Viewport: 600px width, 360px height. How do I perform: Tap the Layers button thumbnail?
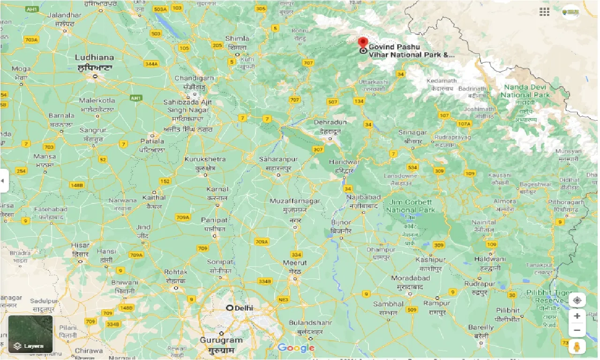(30, 334)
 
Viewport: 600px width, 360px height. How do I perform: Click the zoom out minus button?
(577, 330)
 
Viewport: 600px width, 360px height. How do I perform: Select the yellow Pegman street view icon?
(577, 347)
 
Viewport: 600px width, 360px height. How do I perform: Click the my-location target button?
(577, 300)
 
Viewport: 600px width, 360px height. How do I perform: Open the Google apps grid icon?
(544, 12)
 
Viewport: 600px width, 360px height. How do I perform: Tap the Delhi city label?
(242, 308)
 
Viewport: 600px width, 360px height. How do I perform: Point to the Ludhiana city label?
(95, 58)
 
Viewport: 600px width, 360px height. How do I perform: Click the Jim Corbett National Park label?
(410, 206)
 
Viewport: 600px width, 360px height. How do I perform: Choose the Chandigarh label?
(194, 78)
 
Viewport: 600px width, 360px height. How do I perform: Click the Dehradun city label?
(330, 122)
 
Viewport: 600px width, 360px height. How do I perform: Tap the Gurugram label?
(221, 340)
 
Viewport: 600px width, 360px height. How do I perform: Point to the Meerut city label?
(295, 263)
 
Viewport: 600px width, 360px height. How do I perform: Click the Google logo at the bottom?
(296, 348)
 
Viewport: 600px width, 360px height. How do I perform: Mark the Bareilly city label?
(480, 327)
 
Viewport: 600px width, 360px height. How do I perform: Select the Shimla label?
(237, 38)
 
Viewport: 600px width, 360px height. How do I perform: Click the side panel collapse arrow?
(3, 181)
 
